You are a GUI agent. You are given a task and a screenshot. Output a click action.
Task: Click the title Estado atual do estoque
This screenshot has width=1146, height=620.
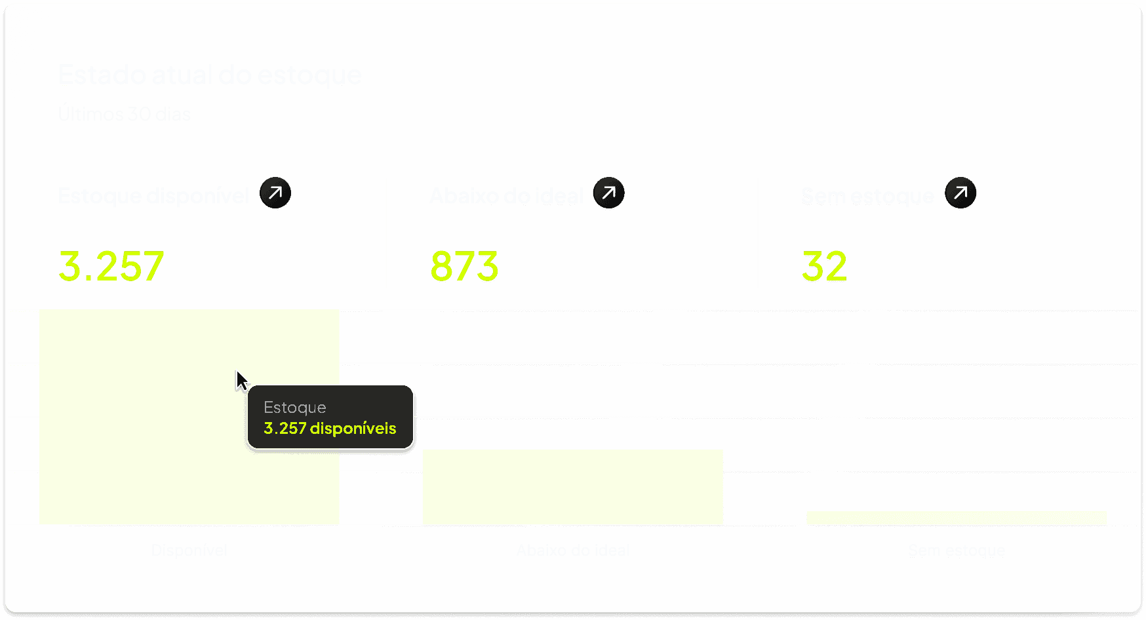(x=210, y=75)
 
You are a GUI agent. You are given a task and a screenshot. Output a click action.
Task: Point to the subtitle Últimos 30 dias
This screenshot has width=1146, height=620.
(x=125, y=114)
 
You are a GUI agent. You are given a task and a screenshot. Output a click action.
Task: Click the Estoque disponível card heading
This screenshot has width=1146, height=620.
(x=153, y=195)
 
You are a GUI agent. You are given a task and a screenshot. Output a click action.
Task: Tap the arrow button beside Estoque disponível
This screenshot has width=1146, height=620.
(x=275, y=193)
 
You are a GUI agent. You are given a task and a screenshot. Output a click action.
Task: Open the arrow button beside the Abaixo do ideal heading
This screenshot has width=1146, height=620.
(x=608, y=193)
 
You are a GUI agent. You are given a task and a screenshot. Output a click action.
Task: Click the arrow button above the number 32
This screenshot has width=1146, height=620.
(x=960, y=193)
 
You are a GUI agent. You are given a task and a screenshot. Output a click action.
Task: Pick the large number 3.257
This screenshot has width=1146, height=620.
(x=111, y=266)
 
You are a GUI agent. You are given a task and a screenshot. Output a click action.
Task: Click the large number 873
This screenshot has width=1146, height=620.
(x=464, y=266)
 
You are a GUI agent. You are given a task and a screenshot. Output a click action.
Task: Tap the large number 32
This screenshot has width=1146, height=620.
(x=824, y=266)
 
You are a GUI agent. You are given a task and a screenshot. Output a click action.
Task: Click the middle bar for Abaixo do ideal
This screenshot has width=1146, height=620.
(x=572, y=487)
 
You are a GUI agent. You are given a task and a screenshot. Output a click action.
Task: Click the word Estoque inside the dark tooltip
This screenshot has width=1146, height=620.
(x=295, y=408)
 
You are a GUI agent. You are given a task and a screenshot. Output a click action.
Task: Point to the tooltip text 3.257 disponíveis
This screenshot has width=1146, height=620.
(x=330, y=429)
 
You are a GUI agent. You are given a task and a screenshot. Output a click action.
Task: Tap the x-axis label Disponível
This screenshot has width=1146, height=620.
(x=189, y=551)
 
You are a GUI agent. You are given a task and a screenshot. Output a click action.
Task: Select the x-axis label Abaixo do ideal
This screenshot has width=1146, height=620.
(x=572, y=551)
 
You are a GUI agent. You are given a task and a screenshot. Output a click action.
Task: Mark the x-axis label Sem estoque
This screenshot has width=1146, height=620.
(x=956, y=551)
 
